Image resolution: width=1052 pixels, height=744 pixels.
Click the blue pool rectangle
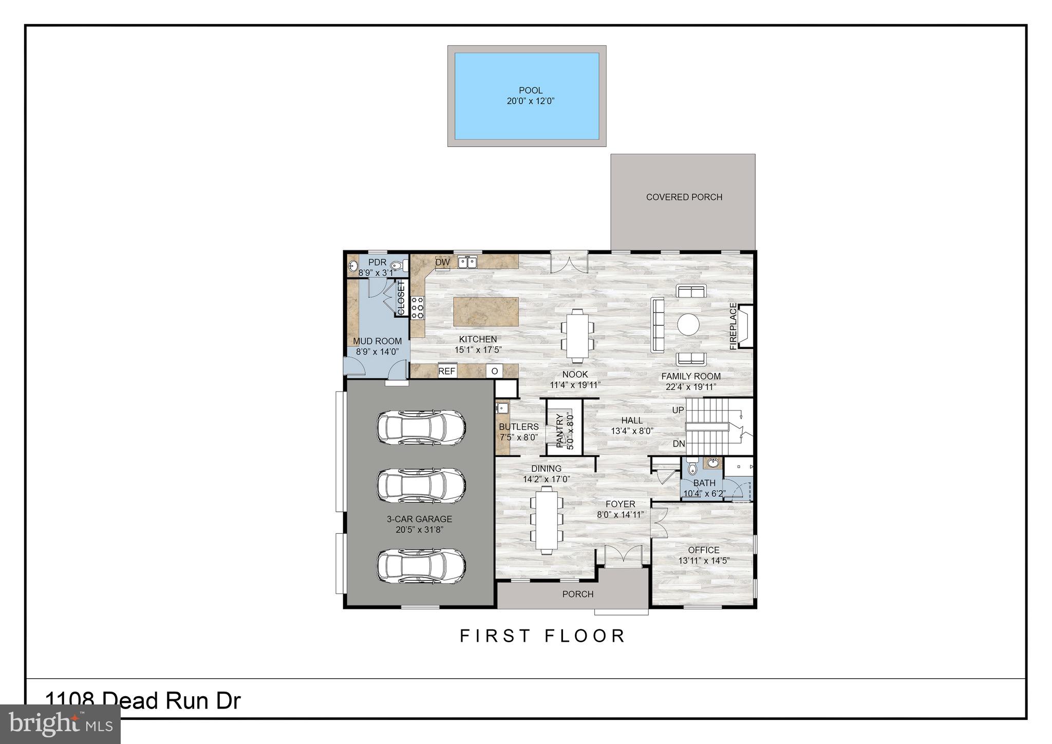[527, 96]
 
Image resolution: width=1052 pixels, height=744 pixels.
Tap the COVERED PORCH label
[684, 197]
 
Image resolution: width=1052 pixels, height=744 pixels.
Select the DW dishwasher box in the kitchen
[442, 263]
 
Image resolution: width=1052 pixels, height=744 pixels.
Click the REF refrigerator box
[446, 371]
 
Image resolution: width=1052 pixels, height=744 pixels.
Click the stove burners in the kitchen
[417, 307]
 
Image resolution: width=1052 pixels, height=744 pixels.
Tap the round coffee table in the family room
[688, 324]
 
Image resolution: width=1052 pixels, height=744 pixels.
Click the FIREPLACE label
[733, 327]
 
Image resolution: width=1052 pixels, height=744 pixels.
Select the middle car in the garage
[421, 484]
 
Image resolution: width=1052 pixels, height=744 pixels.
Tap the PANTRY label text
[560, 432]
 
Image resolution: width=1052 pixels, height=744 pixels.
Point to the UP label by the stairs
[678, 411]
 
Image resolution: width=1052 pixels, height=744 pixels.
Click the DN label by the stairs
[679, 443]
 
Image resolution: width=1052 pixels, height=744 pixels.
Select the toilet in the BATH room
[692, 468]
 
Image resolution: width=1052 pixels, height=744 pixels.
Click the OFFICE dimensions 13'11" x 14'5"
[704, 561]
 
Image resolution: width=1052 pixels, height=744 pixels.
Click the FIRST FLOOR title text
[542, 636]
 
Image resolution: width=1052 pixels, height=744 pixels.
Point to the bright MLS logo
[61, 724]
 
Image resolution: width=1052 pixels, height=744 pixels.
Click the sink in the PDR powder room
[353, 266]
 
